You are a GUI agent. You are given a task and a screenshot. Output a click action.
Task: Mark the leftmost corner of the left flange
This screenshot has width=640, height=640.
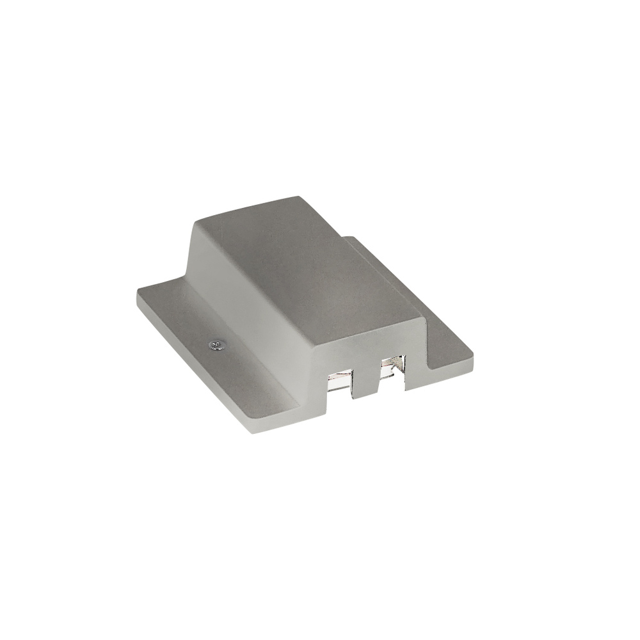point(137,294)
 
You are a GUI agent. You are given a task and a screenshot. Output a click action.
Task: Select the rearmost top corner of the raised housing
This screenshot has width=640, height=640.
point(300,196)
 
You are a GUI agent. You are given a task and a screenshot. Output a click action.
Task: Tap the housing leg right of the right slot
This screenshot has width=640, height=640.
point(415,365)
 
